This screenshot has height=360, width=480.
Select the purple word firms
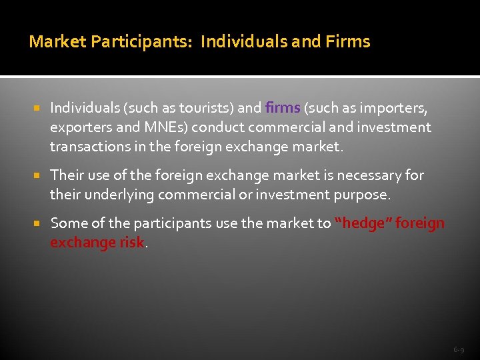click(283, 107)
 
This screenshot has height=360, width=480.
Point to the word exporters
click(78, 127)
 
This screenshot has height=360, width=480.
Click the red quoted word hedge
click(364, 223)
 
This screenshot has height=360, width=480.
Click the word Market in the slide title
click(58, 42)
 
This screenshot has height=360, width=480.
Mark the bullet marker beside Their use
click(38, 175)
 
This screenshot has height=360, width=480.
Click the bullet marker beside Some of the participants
click(38, 223)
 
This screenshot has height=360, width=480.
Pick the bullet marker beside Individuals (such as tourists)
click(38, 107)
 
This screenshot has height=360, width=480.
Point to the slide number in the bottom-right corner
click(459, 349)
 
